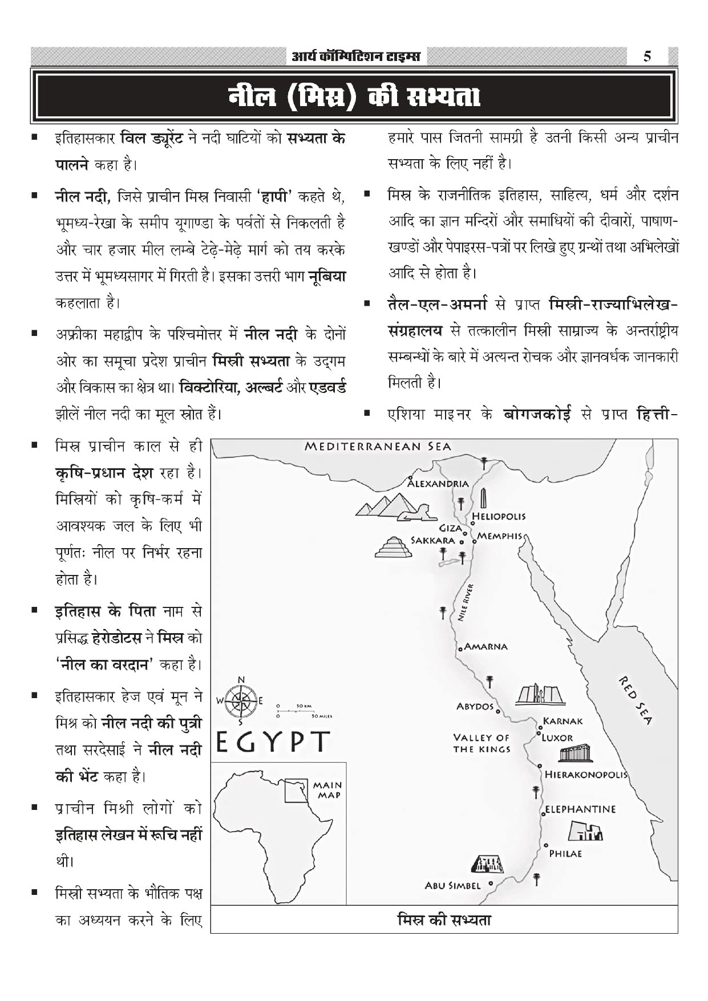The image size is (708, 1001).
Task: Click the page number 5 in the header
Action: coord(647,56)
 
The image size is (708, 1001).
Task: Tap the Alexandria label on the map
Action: coord(438,484)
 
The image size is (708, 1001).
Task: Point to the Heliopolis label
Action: coord(499,516)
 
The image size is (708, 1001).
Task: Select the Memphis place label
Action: coord(500,536)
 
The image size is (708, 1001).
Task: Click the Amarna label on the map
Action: coord(486,646)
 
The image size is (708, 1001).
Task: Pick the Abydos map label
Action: coord(475,706)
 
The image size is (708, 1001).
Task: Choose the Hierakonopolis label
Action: coord(586,775)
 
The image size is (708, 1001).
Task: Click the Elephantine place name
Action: coord(580,809)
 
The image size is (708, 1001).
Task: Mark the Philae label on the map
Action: coord(565,853)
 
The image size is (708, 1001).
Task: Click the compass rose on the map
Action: coord(241,701)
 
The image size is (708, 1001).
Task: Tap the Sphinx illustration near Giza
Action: coord(413,516)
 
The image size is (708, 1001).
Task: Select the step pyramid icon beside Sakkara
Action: coord(393,547)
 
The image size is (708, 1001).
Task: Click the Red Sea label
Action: coord(635,700)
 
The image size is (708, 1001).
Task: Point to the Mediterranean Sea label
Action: coord(378,447)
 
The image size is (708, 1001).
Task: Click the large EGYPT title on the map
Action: coord(273,741)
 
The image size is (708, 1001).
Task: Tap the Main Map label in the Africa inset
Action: coord(328,790)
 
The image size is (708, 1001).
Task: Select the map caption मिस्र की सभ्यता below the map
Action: coord(444,920)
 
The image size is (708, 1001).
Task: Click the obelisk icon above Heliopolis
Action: coord(484,499)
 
